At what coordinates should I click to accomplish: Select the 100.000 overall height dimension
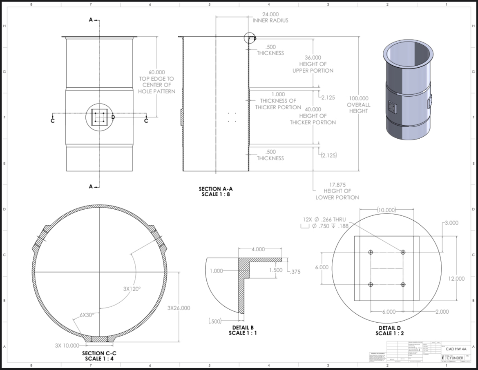coord(358,98)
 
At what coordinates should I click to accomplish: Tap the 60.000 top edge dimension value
coord(156,72)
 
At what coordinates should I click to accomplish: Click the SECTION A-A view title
coord(215,189)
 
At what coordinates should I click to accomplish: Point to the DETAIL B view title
coord(243,327)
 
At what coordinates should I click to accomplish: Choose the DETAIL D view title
coord(386,328)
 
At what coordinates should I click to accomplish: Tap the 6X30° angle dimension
coord(87,315)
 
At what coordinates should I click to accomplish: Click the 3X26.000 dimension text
coord(179,308)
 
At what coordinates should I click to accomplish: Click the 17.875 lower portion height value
coord(337,184)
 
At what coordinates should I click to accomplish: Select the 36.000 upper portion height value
coord(313,58)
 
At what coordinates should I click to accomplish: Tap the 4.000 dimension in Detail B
coord(258,249)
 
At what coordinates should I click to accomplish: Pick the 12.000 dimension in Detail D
coord(456,279)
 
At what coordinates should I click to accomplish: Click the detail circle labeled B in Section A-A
coord(250,38)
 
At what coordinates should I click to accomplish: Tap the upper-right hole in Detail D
coord(403,252)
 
